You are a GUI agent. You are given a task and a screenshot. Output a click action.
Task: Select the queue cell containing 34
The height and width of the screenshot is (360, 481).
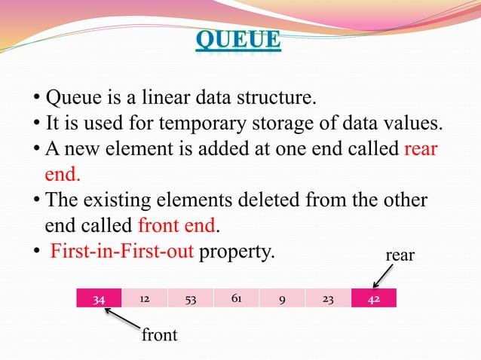[x=99, y=298]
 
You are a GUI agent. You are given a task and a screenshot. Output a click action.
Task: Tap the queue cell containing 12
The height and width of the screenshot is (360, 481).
[x=144, y=298]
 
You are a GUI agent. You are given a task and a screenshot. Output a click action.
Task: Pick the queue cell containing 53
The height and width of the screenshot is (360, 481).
[x=191, y=298]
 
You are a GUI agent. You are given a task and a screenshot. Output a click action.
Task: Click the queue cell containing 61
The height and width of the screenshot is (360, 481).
[x=236, y=298]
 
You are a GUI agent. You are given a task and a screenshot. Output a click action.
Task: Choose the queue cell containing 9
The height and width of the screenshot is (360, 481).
[x=281, y=298]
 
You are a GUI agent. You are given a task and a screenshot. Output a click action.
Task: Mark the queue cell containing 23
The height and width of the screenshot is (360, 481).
[x=328, y=298]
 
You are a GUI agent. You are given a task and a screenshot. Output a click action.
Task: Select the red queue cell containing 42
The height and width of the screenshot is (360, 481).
[x=373, y=298]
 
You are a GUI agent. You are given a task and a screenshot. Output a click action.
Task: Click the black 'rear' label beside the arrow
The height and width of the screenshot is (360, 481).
[x=400, y=255]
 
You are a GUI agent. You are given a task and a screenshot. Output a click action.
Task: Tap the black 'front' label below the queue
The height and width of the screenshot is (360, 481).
[x=160, y=335]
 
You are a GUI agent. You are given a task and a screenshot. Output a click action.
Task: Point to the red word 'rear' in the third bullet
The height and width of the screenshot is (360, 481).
[x=421, y=148]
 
